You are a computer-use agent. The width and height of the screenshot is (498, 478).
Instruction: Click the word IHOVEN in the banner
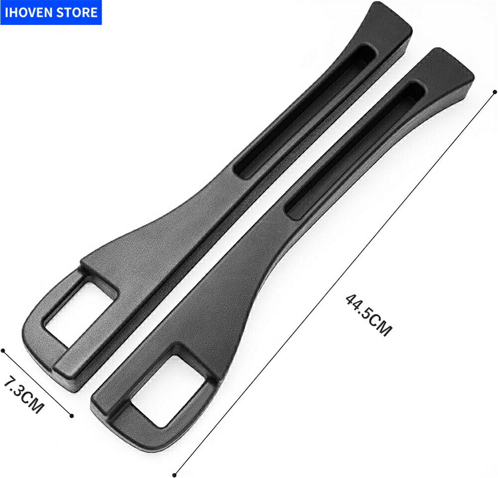28,12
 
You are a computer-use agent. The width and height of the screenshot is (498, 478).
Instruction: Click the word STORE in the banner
77,12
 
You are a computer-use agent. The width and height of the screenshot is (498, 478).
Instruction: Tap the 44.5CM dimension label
368,315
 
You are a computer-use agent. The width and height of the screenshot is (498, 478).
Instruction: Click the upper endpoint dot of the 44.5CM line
494,92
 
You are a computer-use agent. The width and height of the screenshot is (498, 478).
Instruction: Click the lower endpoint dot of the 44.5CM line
174,475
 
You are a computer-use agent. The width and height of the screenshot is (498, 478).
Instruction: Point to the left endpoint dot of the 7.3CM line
3,351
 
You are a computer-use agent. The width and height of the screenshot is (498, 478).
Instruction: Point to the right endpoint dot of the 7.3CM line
72,415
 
